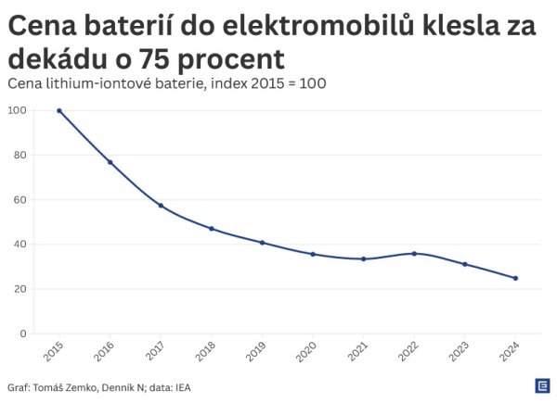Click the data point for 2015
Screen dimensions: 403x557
(x=59, y=111)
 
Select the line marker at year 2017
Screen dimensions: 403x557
(x=161, y=206)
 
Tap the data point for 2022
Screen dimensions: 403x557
(x=414, y=253)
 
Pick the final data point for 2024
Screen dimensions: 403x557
(x=515, y=278)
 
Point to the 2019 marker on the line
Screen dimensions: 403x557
(x=262, y=243)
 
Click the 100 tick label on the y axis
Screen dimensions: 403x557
(x=17, y=111)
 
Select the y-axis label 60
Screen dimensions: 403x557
(x=19, y=200)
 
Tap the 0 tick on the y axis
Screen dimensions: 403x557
(x=22, y=334)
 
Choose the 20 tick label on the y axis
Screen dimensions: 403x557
(x=19, y=289)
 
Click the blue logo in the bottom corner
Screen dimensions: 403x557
(x=540, y=385)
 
